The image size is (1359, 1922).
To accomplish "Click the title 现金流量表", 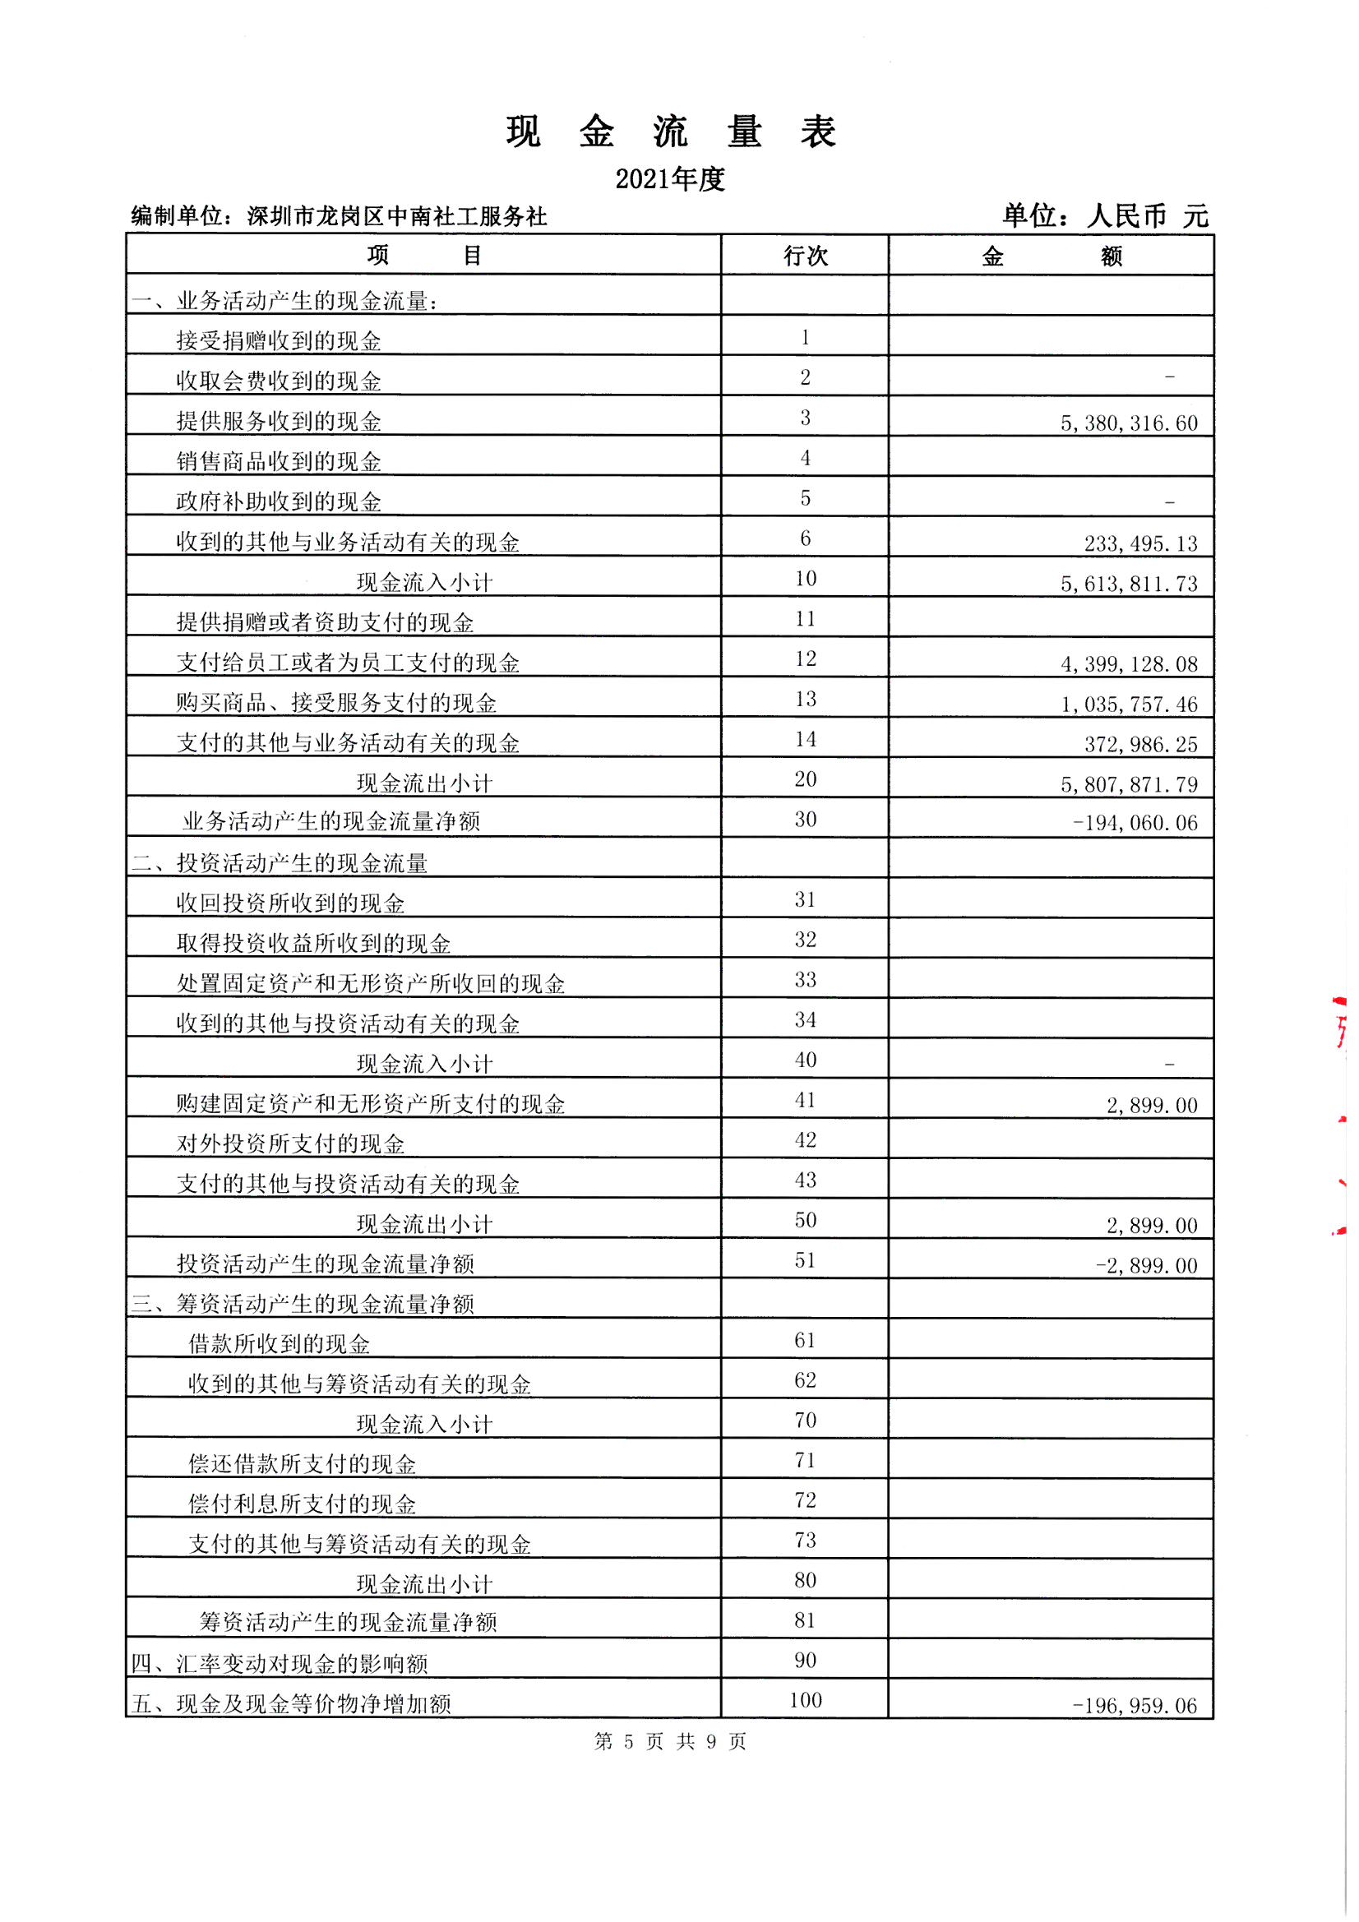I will [671, 132].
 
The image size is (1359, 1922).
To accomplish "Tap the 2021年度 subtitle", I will [670, 179].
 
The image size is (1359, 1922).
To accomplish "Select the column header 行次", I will [805, 256].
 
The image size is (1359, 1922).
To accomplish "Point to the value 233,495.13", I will [1140, 544].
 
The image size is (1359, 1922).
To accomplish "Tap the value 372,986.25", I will [1140, 745].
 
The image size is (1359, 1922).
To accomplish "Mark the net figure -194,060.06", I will [1135, 824].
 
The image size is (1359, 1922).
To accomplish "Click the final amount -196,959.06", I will [1135, 1706].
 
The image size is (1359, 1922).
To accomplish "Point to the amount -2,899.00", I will [1145, 1266].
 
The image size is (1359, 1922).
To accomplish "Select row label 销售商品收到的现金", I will [279, 462].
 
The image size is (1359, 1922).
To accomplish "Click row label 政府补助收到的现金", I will [279, 502].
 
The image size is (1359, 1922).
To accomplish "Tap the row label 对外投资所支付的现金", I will [290, 1144].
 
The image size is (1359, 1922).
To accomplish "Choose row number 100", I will [805, 1700].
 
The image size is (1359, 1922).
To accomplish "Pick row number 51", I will [805, 1260].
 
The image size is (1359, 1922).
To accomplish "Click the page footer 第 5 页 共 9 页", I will [670, 1741].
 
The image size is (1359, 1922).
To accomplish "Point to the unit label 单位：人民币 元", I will [1105, 216].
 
